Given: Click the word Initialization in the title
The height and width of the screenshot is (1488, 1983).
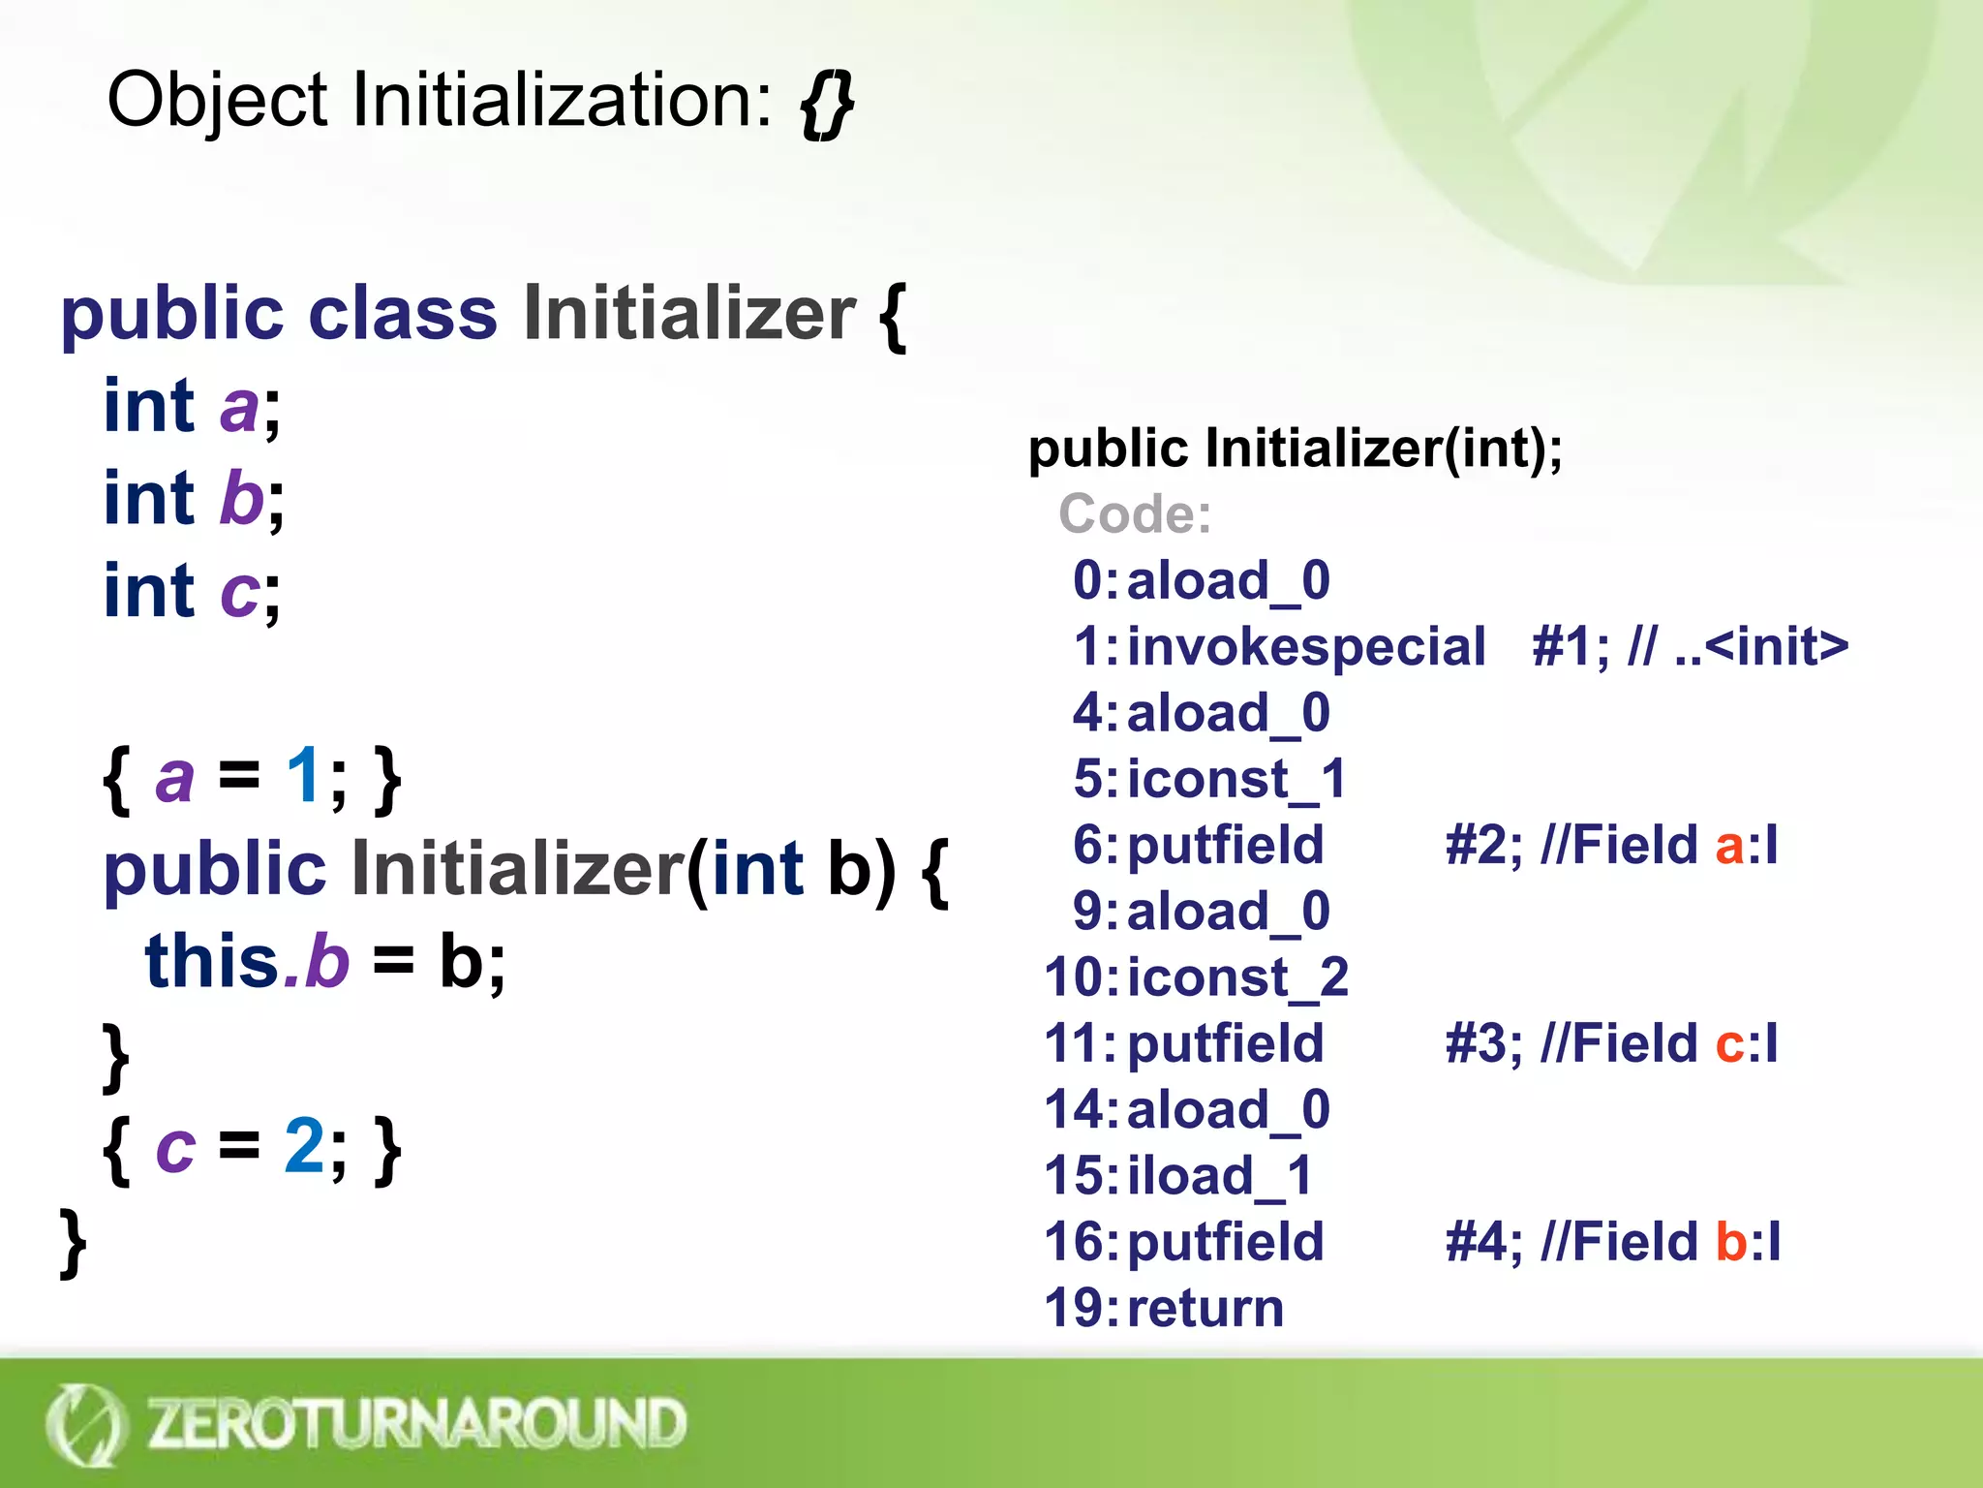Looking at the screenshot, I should (562, 101).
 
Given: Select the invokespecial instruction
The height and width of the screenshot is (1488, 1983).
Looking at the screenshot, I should (1306, 646).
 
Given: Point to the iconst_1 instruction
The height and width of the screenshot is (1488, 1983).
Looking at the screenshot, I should (1236, 779).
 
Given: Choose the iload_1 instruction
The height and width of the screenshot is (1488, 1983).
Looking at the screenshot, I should (1220, 1176).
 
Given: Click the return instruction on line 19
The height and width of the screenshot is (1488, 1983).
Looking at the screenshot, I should (1205, 1309).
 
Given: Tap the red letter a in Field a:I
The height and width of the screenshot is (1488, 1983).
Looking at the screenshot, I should (1728, 846).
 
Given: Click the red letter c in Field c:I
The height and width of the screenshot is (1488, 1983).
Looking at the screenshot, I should (1728, 1044).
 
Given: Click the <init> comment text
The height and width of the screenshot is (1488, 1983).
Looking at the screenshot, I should (1776, 646).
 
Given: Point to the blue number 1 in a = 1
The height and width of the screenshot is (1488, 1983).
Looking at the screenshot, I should (304, 776).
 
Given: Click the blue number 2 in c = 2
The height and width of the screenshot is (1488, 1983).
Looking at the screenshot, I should (304, 1146).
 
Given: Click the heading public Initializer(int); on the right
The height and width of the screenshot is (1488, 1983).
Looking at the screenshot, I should (1295, 449).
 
